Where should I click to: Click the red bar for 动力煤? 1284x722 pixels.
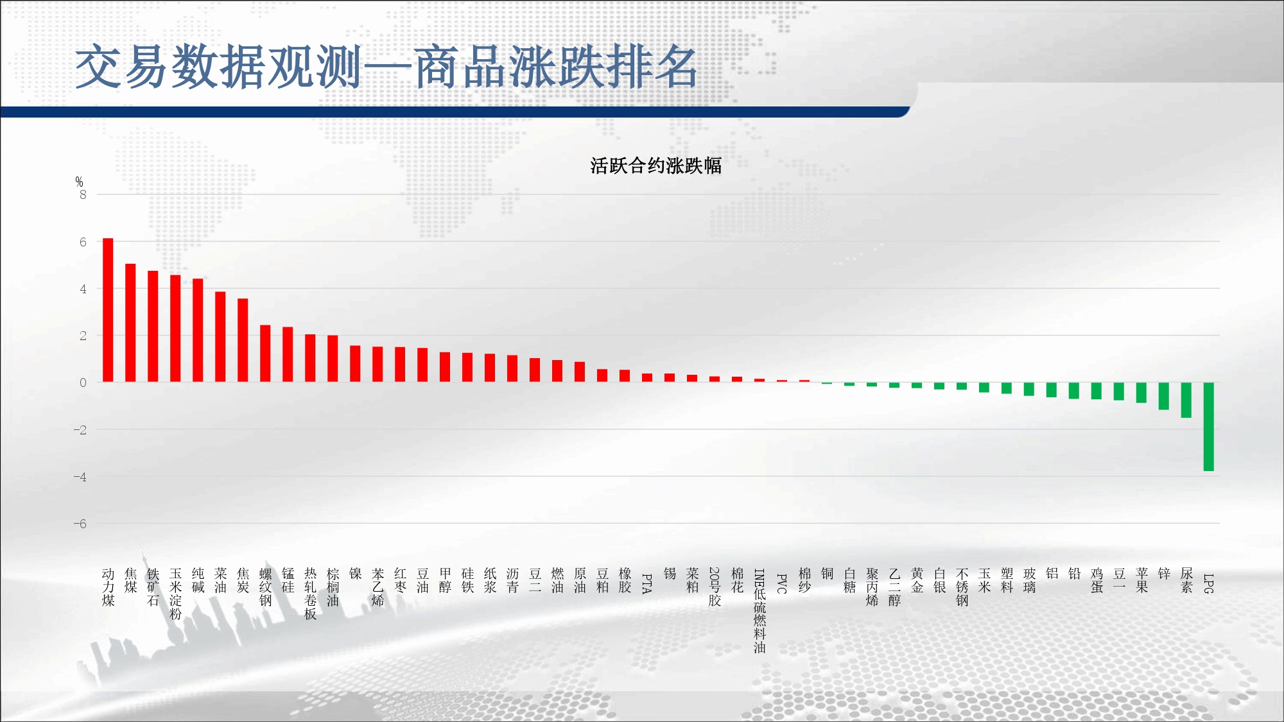[108, 310]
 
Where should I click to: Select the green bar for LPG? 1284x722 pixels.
[1208, 427]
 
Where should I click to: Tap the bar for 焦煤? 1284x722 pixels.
[130, 323]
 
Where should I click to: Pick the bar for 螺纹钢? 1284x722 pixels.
[265, 354]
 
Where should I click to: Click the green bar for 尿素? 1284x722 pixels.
[1186, 400]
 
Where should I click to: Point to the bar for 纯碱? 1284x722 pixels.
[198, 331]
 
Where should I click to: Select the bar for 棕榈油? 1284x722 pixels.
[333, 359]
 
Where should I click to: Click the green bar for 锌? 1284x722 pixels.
[1163, 396]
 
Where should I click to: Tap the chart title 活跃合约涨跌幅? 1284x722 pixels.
[655, 166]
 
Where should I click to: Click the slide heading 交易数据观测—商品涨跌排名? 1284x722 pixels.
[386, 67]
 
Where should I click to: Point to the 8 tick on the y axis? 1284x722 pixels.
[83, 194]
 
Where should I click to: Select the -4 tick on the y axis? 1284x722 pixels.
[80, 477]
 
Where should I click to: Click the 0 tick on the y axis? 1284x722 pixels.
[83, 382]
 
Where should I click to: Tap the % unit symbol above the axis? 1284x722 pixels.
[79, 182]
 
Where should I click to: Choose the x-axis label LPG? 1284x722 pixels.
[1208, 583]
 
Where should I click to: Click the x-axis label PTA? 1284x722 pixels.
[647, 583]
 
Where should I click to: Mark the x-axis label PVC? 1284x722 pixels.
[782, 583]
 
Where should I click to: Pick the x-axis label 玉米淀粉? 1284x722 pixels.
[175, 594]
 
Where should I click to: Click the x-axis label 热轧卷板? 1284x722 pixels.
[310, 594]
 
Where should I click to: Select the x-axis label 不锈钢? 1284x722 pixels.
[962, 587]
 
